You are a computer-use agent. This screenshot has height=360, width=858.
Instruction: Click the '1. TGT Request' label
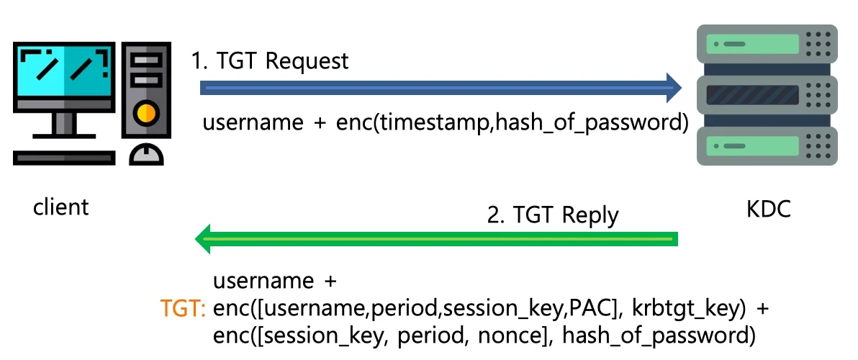[270, 60]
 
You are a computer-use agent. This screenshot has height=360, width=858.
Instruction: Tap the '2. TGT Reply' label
[553, 215]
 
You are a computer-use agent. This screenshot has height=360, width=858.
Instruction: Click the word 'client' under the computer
[60, 207]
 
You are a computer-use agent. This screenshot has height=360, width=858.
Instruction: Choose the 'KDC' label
[768, 209]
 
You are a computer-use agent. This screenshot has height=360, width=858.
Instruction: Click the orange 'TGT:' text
[183, 309]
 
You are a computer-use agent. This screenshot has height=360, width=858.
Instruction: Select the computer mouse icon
[147, 154]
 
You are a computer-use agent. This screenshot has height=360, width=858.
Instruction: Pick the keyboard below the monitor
[64, 158]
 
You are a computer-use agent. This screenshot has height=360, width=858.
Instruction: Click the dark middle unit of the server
[767, 95]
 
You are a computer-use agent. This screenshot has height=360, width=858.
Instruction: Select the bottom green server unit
[767, 146]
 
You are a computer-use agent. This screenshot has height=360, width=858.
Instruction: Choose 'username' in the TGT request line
[253, 122]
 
